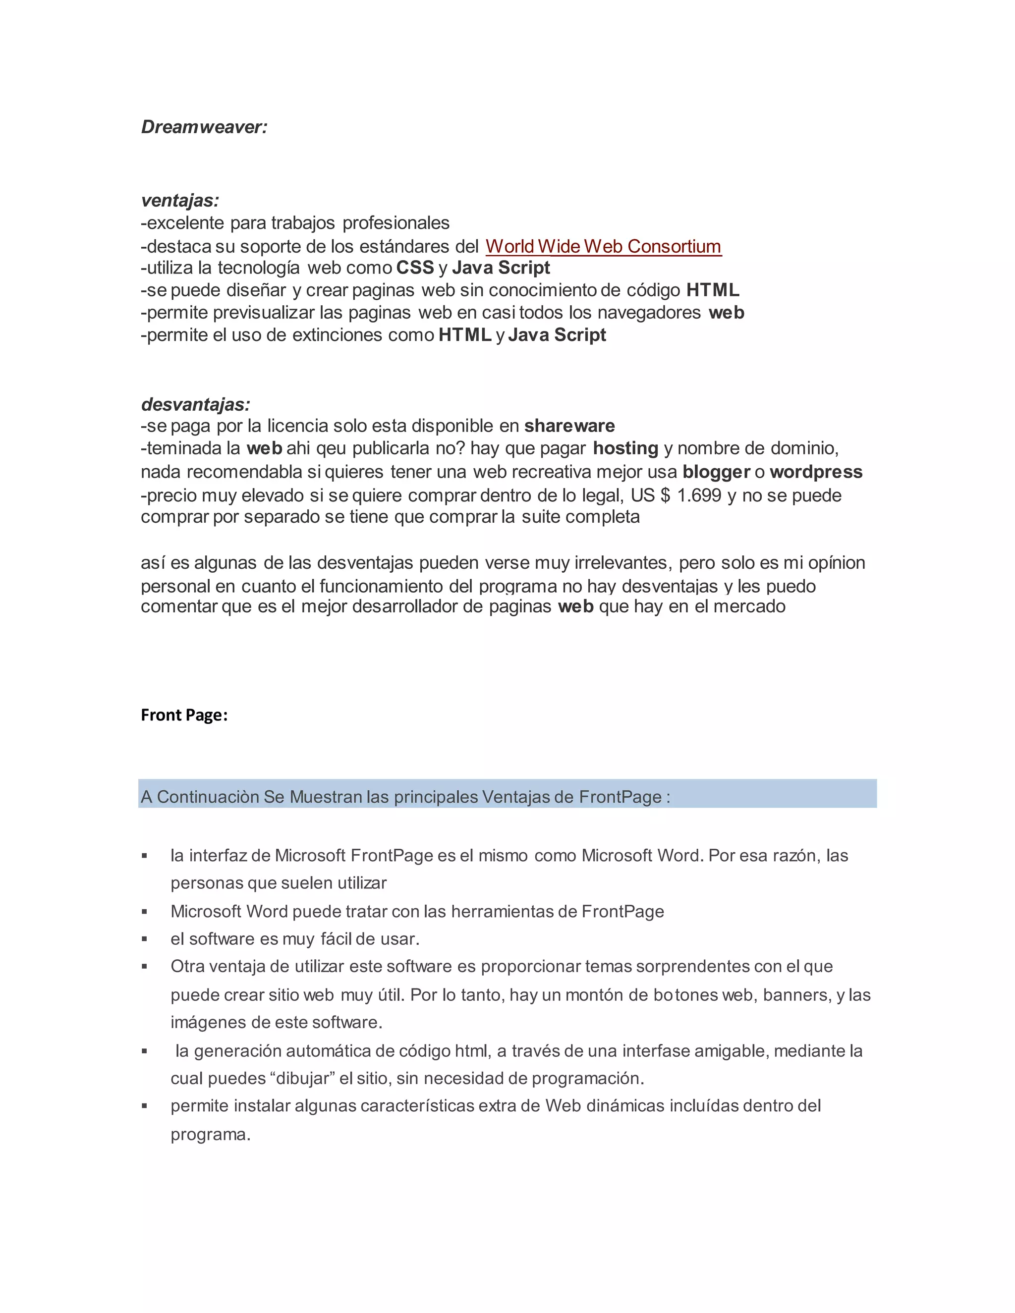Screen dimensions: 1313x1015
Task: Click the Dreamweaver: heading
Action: click(204, 127)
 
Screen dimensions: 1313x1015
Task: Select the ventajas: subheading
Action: click(180, 200)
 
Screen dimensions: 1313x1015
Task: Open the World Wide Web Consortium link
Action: click(603, 246)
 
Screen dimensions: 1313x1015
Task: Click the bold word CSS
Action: click(415, 268)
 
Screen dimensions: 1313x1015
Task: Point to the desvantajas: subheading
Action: click(195, 404)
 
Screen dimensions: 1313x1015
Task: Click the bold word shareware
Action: click(569, 426)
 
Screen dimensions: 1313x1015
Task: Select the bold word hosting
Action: click(625, 448)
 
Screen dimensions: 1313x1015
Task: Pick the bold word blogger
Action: click(716, 472)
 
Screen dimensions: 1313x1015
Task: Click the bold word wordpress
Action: click(815, 472)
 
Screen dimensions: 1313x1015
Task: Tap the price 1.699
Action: click(699, 495)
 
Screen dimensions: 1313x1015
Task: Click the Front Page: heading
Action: click(184, 715)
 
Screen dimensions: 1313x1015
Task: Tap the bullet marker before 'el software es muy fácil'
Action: click(144, 939)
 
